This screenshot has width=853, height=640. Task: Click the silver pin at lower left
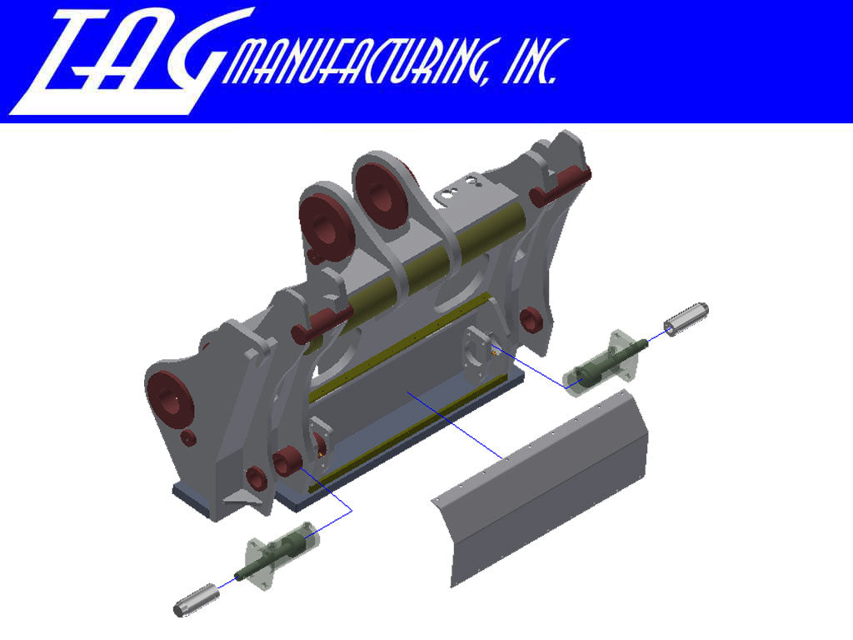point(197,599)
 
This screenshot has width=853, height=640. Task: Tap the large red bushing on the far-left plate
point(171,397)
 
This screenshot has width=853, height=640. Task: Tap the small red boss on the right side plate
point(528,319)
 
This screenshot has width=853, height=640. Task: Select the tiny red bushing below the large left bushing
point(188,437)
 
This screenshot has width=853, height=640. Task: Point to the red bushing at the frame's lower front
point(287,460)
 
